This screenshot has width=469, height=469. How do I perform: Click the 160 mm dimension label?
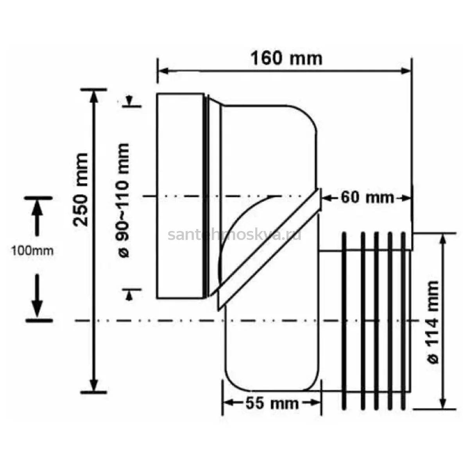[286, 58]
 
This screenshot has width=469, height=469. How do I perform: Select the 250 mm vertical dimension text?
[81, 190]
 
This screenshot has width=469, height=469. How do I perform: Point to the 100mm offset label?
[32, 251]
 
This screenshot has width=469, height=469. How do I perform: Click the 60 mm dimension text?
[367, 198]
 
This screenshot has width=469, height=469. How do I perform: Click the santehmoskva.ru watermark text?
[234, 235]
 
